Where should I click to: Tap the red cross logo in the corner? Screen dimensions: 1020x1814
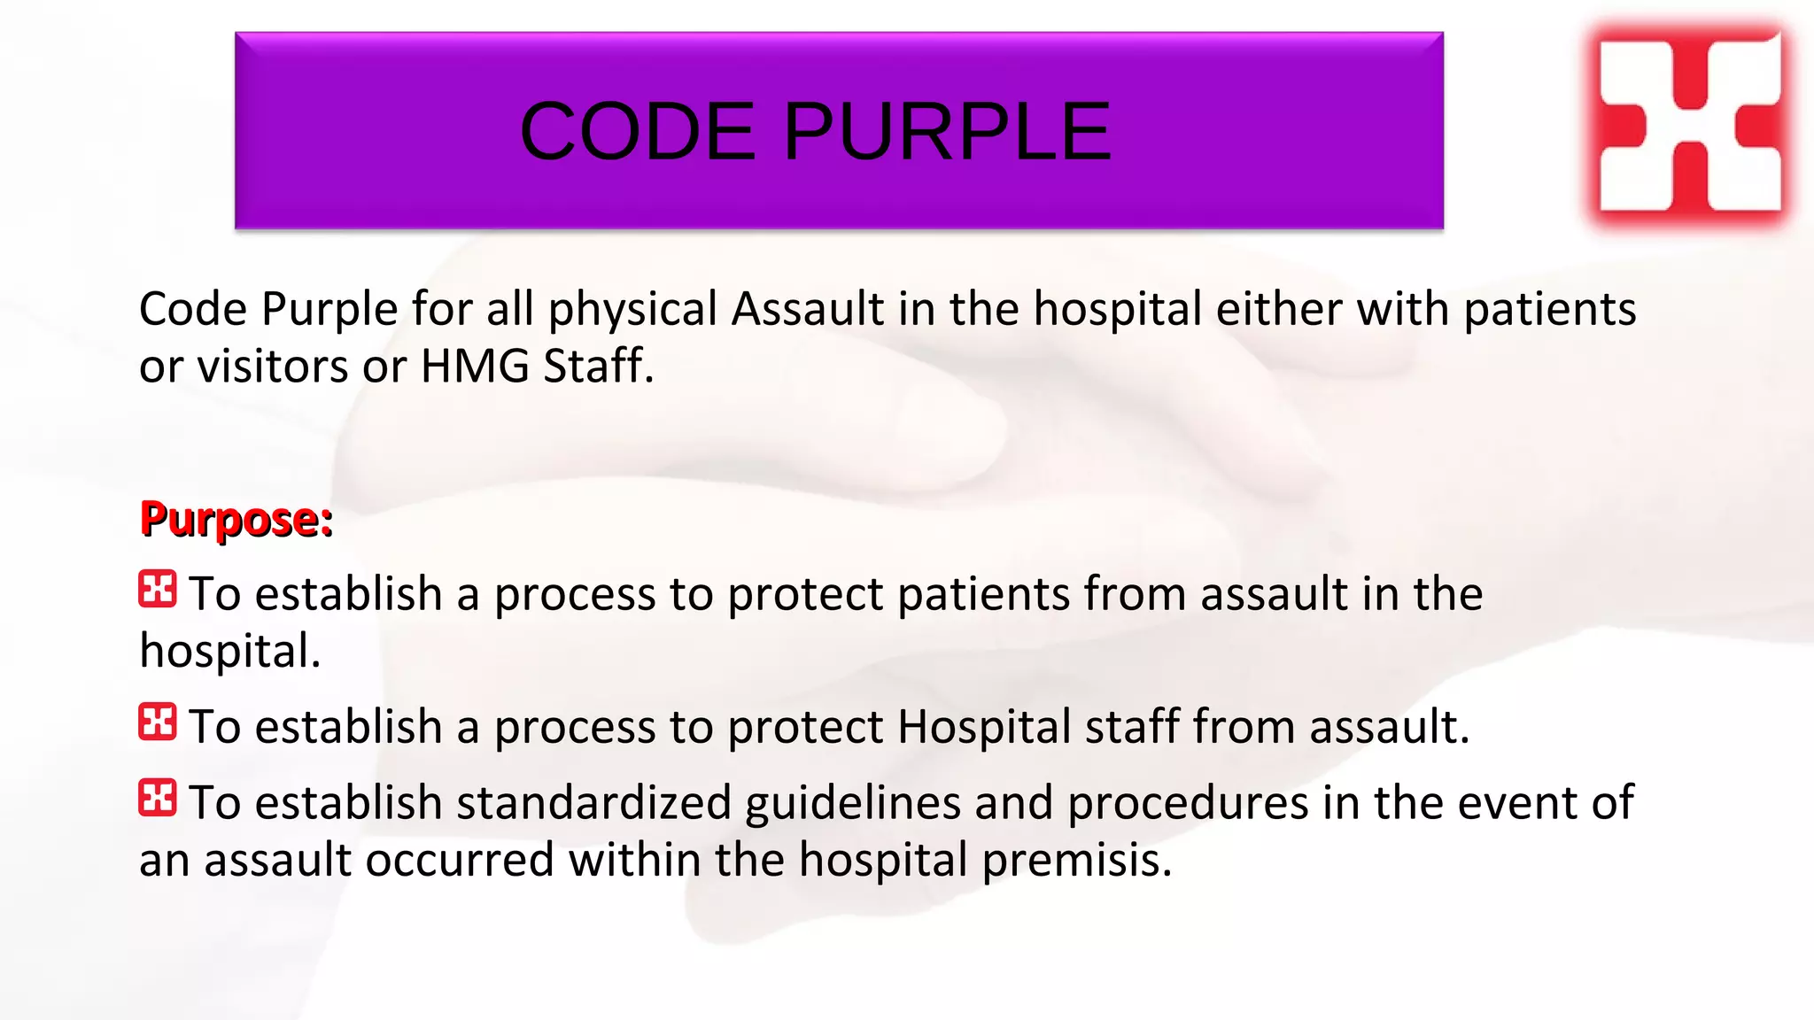point(1690,125)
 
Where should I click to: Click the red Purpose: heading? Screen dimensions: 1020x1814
point(236,519)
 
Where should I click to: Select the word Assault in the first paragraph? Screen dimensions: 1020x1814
point(807,310)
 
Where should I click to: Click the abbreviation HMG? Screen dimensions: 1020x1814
point(475,367)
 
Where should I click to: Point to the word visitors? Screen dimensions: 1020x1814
point(272,367)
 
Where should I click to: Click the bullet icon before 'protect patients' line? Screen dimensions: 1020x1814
point(158,590)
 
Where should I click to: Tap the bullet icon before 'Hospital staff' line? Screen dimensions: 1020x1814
point(158,722)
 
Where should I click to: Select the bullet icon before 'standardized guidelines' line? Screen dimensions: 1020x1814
point(158,799)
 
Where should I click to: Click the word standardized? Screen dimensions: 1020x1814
point(593,803)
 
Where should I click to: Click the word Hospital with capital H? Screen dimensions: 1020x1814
point(984,727)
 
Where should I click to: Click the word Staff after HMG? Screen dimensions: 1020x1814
point(598,367)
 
